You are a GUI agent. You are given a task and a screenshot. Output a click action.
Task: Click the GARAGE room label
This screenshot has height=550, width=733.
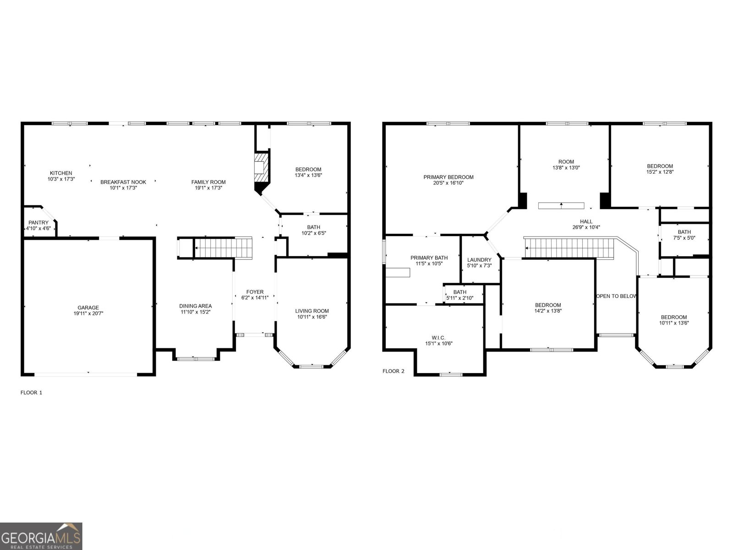(x=88, y=308)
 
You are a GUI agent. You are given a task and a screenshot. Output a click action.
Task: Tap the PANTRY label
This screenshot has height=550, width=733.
(x=38, y=223)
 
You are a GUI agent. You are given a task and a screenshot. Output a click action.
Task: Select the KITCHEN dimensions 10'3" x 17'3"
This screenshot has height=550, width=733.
(x=61, y=179)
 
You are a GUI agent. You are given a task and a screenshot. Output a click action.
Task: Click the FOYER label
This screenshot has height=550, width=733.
(x=255, y=292)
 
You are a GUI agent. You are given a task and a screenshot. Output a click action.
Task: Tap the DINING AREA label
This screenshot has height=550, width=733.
(x=195, y=306)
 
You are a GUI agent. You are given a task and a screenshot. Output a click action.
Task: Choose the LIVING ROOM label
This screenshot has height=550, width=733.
(x=312, y=311)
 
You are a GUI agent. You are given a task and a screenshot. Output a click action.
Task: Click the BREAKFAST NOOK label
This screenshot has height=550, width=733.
(x=123, y=182)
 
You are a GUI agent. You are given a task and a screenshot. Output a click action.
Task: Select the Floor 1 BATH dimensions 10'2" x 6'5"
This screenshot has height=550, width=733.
(x=313, y=233)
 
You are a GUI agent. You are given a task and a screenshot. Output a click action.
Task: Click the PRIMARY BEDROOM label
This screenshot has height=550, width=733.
(x=448, y=177)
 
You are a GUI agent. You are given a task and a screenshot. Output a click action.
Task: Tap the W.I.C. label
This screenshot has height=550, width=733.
(x=438, y=337)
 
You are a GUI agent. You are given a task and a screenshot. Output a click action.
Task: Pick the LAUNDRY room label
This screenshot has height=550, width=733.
(x=479, y=260)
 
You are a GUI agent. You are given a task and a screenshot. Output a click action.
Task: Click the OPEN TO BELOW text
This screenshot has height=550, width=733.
(x=617, y=296)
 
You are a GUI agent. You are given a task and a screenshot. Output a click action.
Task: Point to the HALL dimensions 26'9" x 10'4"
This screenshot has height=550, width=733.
(x=586, y=227)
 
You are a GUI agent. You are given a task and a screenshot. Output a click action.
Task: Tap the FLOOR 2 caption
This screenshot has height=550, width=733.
(x=393, y=371)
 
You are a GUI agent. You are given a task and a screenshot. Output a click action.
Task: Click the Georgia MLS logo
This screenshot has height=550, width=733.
(x=41, y=536)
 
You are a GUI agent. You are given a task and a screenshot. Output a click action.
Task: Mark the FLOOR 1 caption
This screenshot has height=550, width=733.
(x=31, y=393)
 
